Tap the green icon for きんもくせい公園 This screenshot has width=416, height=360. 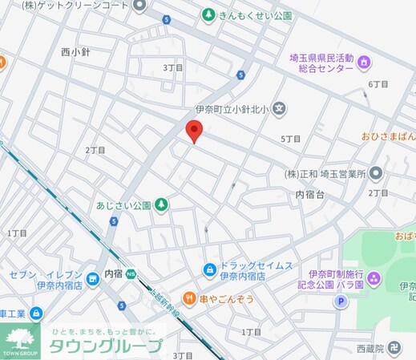coord(208,15)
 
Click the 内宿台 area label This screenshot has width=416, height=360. coord(309,195)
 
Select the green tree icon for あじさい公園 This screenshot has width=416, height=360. coord(162,205)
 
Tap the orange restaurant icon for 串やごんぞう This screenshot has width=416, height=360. coord(189,298)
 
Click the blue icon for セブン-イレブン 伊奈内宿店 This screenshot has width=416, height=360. coord(93,277)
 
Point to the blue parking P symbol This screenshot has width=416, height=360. coord(341,302)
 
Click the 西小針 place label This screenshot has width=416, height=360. coord(76,52)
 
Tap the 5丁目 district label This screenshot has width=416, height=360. coord(291,139)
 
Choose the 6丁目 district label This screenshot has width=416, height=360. coord(378,84)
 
